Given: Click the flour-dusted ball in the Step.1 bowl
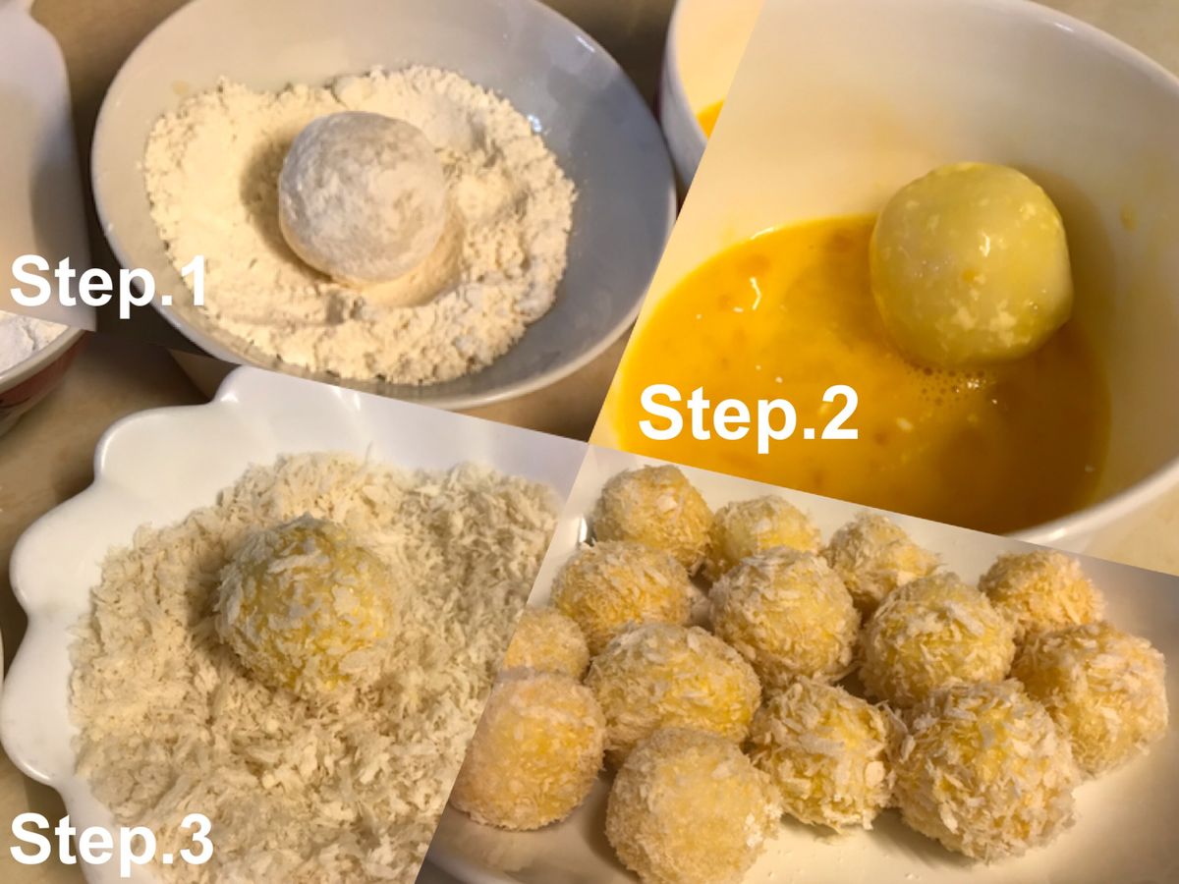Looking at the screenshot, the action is (363, 197).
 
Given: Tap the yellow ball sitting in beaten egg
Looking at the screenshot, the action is (971, 263).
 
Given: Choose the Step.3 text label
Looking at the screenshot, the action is (111, 845).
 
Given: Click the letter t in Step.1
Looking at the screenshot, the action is (55, 281).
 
